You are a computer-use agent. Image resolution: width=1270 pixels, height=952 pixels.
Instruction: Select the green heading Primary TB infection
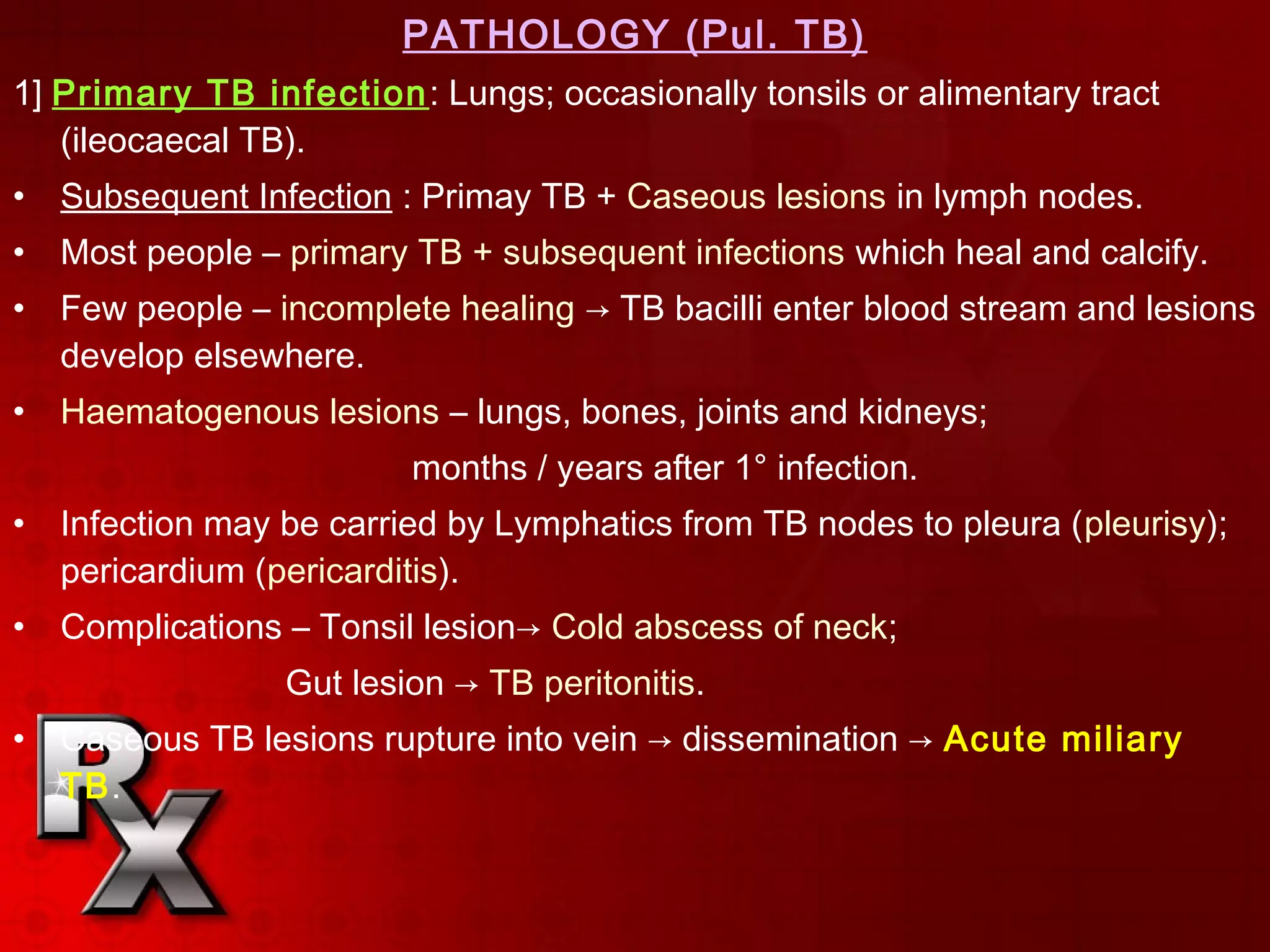tap(239, 94)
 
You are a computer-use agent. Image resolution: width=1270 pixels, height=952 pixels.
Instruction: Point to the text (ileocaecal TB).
tap(182, 141)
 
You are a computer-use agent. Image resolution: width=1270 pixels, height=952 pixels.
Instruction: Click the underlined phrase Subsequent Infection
tap(226, 197)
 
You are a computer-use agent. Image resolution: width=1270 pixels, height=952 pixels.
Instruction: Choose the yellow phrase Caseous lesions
tap(756, 197)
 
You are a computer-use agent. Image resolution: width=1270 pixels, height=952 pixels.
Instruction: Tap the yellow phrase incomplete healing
tap(427, 309)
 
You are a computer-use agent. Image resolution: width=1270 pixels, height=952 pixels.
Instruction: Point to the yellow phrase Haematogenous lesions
tap(250, 412)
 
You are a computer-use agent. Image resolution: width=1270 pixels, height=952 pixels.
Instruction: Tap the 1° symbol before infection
tap(750, 468)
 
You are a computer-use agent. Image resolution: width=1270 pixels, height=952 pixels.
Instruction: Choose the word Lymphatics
tap(583, 524)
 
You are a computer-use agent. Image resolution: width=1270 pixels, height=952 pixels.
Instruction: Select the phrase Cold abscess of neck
tap(724, 627)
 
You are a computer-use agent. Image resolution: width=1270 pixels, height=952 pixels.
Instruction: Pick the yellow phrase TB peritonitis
tap(596, 684)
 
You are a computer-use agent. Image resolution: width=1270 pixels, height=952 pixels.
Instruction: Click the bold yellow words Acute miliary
tap(1062, 739)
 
